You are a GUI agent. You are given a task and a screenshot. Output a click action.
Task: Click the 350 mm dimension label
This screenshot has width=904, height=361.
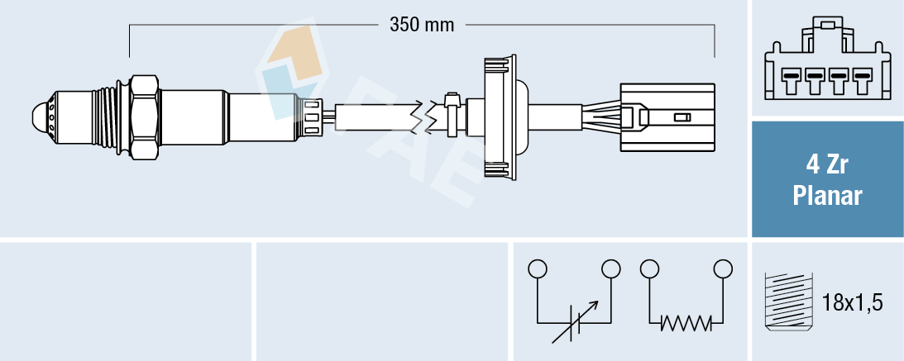422,25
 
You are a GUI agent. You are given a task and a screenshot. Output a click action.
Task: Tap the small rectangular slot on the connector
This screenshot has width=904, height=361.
682,118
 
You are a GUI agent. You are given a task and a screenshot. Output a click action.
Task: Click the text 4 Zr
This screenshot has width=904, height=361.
826,164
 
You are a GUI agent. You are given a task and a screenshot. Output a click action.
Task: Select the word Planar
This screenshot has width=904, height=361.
826,196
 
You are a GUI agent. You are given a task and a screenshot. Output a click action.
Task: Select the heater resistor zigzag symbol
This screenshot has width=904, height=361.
686,322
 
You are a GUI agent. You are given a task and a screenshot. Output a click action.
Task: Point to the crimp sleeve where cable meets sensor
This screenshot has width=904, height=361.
312,116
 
